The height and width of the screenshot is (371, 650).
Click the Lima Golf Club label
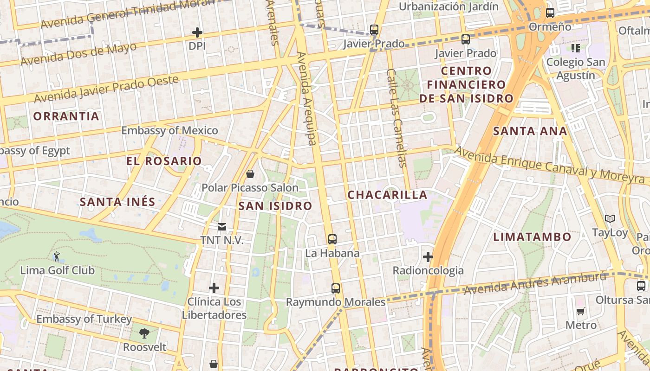(57, 270)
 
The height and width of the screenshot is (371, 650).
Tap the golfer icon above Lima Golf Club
(57, 256)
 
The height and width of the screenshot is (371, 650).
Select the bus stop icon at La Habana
(332, 239)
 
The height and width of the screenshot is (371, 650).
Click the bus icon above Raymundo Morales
(336, 288)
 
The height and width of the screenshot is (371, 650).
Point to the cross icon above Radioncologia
(428, 256)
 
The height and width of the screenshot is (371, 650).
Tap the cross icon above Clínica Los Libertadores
(214, 288)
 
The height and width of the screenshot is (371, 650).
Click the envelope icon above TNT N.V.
(222, 227)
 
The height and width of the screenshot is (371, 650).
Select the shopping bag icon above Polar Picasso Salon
(250, 174)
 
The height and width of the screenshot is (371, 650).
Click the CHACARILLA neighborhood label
(387, 195)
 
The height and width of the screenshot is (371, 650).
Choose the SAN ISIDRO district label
(275, 206)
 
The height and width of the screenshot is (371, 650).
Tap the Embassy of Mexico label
(169, 130)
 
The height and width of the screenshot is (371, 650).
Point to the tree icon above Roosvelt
(144, 333)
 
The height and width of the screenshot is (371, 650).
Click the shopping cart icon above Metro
(581, 311)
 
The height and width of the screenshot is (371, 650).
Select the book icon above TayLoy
(610, 218)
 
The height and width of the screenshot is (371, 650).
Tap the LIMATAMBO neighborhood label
(532, 237)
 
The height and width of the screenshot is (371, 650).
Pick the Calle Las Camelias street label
(396, 118)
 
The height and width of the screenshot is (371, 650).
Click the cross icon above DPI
(197, 32)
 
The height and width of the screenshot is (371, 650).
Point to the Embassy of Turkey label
(84, 319)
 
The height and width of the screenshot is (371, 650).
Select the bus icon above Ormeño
(550, 13)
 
